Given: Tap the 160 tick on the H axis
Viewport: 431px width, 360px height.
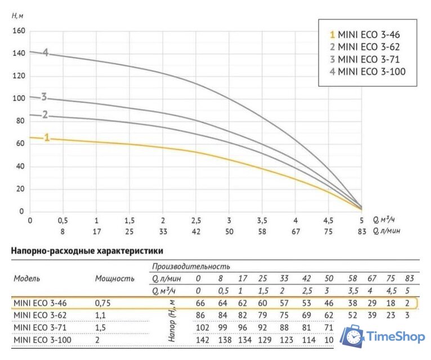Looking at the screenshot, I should click(19, 30).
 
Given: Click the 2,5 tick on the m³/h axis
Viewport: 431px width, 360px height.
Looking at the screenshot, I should click(196, 220).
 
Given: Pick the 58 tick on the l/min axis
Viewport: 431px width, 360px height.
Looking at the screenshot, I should click(262, 231).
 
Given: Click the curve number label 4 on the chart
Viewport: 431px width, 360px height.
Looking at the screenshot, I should click(45, 53).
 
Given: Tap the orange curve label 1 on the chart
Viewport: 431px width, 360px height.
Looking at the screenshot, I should click(47, 137).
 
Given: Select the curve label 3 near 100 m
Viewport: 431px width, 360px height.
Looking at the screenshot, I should click(43, 97).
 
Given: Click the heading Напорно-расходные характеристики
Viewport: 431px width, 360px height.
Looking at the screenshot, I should click(87, 251).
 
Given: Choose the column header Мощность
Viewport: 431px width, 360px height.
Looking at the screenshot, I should click(115, 278).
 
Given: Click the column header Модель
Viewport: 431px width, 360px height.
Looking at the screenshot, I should click(27, 278).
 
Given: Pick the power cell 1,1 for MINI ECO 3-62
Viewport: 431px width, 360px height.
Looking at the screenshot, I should click(102, 315).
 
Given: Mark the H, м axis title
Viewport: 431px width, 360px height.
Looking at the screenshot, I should click(18, 15).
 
